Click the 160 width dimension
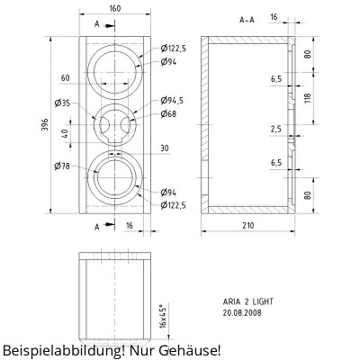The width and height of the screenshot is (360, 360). (115, 8)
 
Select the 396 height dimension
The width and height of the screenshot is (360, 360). (44, 125)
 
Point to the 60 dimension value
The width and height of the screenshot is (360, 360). (66, 78)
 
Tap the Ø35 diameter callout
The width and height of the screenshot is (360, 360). (62, 103)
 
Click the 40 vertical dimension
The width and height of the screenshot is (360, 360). (64, 133)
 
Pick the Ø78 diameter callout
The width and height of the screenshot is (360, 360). (62, 166)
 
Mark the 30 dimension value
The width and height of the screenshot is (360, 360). (165, 148)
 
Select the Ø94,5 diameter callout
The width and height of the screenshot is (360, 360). (172, 101)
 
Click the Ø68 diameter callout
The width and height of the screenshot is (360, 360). (168, 114)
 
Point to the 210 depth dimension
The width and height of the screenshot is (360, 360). (248, 225)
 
